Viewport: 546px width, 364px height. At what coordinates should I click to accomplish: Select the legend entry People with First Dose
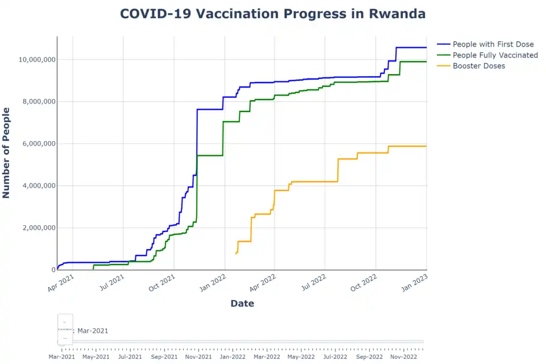pos(493,44)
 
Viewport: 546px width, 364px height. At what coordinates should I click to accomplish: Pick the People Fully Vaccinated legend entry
pos(495,55)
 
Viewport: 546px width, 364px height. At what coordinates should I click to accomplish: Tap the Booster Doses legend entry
pos(478,66)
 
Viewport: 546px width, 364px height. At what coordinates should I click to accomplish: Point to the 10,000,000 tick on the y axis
pos(36,60)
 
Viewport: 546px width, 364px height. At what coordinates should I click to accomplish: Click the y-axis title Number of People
pos(7,152)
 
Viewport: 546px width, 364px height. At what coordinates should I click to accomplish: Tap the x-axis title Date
pos(242,304)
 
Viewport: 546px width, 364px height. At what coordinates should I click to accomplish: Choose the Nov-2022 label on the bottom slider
pos(403,357)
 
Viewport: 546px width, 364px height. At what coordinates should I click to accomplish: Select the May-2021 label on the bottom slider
pos(96,357)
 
